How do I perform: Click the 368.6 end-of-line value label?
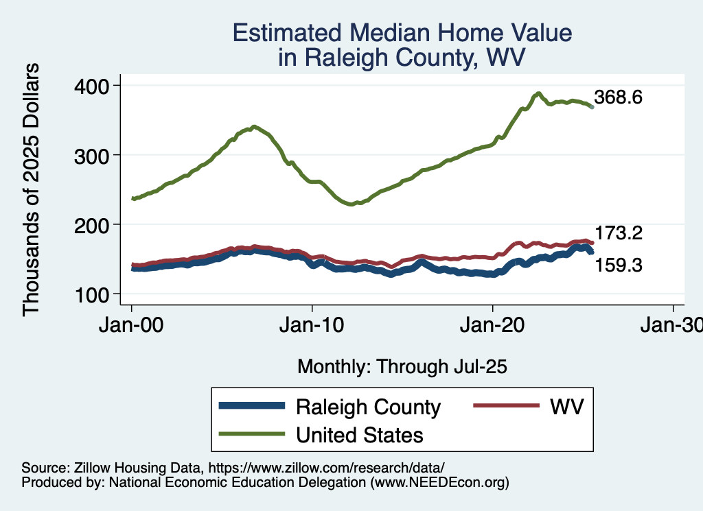click(x=618, y=97)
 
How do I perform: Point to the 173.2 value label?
click(x=618, y=233)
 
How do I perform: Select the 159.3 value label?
click(x=618, y=265)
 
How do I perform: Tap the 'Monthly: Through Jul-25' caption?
click(x=402, y=367)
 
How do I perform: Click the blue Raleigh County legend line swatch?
click(x=251, y=407)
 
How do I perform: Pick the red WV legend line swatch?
click(x=505, y=407)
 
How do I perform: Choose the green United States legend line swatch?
click(x=251, y=434)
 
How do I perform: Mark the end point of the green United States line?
click(x=592, y=107)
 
